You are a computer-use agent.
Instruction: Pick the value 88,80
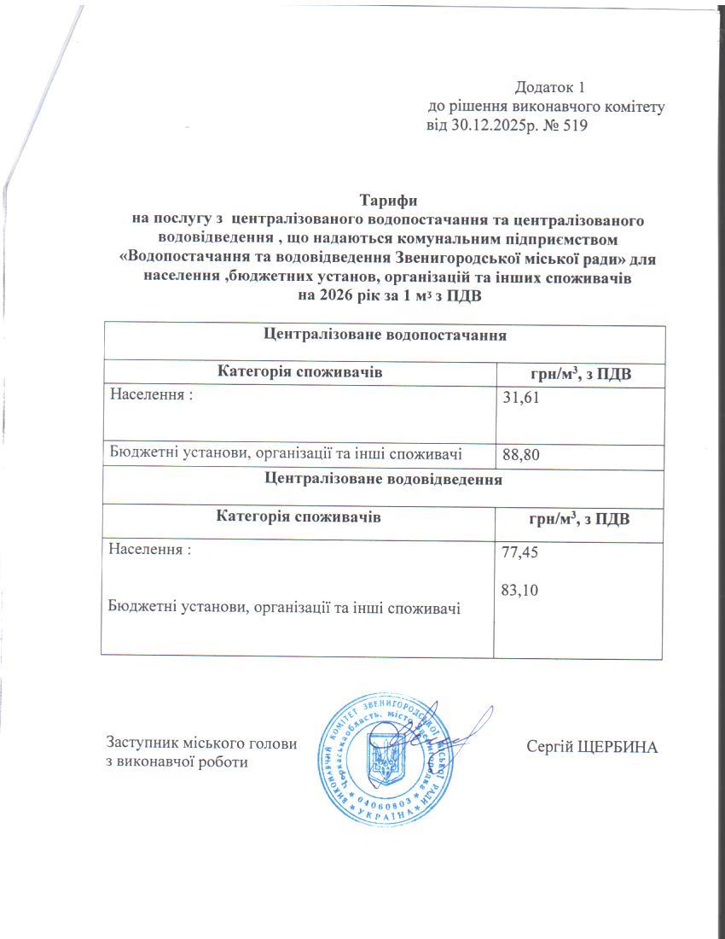click(x=522, y=456)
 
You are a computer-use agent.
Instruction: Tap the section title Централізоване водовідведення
click(x=383, y=480)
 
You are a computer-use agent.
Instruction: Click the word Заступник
click(x=141, y=743)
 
